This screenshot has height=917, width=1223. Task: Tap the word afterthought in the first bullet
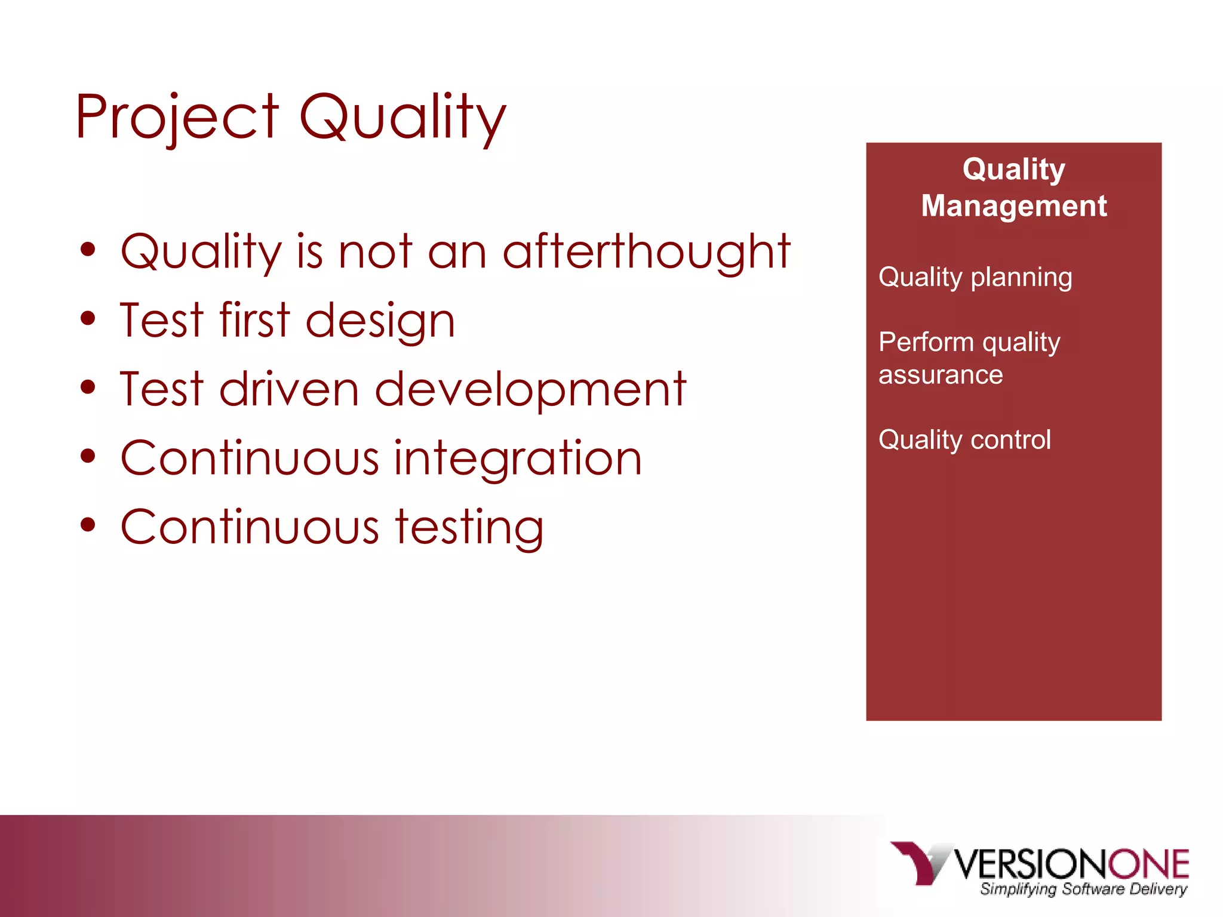(x=646, y=251)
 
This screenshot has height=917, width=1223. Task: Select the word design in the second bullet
(x=380, y=321)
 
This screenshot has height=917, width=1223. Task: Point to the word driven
(x=289, y=389)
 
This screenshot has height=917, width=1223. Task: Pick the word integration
(x=518, y=458)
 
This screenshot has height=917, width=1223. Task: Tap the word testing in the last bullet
(x=469, y=527)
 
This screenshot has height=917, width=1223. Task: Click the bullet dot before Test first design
(x=88, y=319)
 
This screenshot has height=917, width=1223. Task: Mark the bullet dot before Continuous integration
(x=88, y=456)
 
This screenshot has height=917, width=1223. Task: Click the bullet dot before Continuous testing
(x=88, y=525)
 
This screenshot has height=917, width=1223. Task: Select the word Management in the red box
(x=1013, y=206)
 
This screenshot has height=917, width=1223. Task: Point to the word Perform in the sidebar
(x=926, y=342)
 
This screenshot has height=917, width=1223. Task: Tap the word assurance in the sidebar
(x=941, y=376)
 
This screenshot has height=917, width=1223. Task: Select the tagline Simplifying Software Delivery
(x=1083, y=889)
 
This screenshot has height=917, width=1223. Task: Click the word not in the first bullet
(x=375, y=251)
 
